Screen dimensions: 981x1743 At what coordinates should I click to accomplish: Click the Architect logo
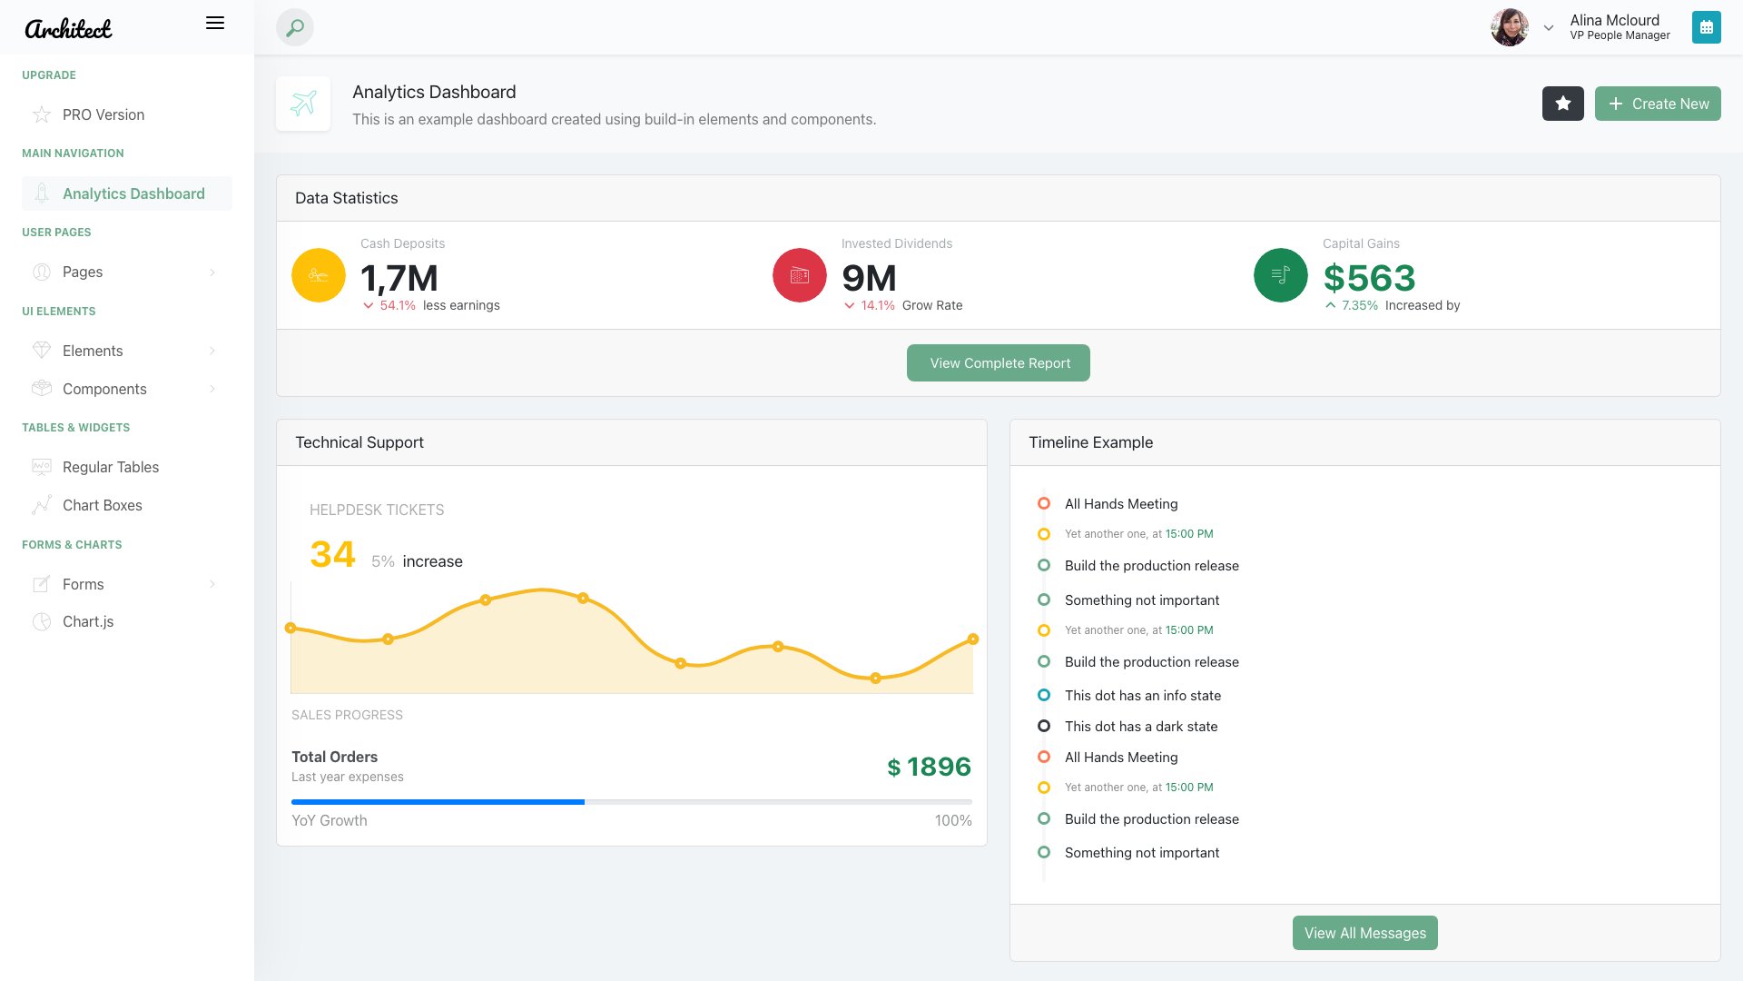[x=68, y=29]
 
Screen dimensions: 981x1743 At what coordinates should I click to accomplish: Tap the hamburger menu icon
[x=215, y=24]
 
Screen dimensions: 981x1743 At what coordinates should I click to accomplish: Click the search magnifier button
[x=295, y=28]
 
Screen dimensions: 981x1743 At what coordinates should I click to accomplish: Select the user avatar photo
[x=1509, y=28]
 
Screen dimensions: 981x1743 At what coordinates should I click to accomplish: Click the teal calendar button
[x=1706, y=28]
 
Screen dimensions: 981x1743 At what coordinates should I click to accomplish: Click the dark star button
[x=1562, y=104]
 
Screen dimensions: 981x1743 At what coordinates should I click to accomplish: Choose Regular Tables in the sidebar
[x=111, y=468]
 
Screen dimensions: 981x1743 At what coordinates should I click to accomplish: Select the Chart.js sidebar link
[x=88, y=622]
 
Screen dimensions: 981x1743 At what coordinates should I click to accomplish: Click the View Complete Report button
[x=998, y=363]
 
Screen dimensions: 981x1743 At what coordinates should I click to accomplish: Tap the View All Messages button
[x=1364, y=933]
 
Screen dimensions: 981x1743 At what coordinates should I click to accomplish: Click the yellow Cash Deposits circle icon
[x=319, y=275]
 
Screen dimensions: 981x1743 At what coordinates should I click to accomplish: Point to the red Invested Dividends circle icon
[x=800, y=275]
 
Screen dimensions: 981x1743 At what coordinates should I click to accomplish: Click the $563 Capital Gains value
[x=1369, y=278]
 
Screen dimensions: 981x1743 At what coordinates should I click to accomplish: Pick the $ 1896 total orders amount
[x=929, y=768]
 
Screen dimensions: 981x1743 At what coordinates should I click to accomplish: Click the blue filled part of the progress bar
[x=438, y=802]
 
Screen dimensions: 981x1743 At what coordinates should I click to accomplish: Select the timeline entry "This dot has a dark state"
[x=1141, y=727]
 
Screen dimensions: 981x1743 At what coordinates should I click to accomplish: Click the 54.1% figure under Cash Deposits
[x=398, y=306]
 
